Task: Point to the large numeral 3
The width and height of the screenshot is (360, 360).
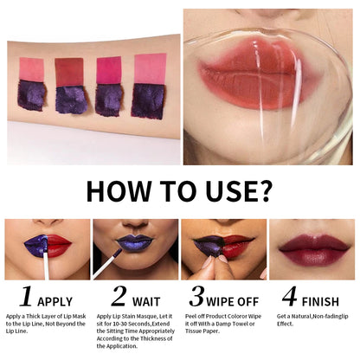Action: [198, 296]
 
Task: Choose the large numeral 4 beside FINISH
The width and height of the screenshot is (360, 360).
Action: [289, 296]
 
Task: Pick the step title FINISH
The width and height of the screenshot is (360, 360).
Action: [321, 300]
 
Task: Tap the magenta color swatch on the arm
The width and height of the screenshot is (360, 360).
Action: [109, 70]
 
